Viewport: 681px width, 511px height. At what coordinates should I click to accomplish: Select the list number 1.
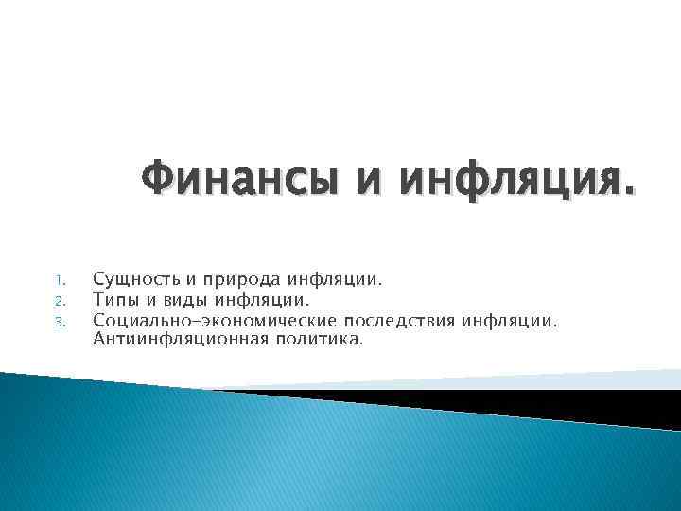(59, 281)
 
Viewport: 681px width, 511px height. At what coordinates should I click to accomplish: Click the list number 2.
(59, 302)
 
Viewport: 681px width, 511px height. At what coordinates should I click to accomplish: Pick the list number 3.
(59, 322)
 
